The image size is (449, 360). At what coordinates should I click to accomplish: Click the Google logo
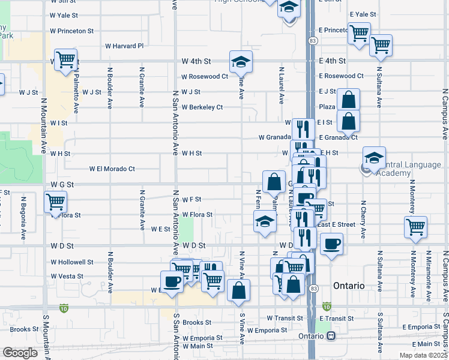click(20, 353)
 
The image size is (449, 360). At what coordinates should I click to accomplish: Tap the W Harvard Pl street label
click(124, 46)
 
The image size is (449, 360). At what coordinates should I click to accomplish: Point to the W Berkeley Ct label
click(202, 107)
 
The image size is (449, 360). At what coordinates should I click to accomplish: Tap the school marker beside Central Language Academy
click(374, 158)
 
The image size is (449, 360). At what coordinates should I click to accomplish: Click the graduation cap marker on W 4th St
click(241, 61)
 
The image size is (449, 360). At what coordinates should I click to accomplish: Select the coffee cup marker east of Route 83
click(331, 244)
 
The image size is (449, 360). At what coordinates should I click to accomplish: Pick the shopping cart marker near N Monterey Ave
click(415, 227)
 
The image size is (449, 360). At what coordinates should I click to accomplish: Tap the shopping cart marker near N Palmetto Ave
click(67, 59)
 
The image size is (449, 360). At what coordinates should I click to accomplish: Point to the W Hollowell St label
click(72, 262)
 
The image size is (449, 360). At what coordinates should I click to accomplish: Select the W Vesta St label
click(66, 277)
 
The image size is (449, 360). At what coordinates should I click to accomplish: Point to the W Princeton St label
click(72, 31)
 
